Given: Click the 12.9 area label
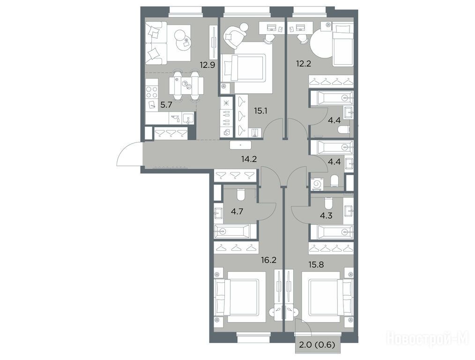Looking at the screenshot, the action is pyautogui.click(x=207, y=65).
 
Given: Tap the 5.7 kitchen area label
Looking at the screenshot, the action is pyautogui.click(x=166, y=105).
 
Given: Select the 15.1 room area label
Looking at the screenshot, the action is pyautogui.click(x=260, y=111).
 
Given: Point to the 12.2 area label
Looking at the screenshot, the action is pyautogui.click(x=304, y=64).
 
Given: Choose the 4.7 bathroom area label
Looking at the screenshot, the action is pyautogui.click(x=237, y=211).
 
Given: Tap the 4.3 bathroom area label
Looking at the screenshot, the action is pyautogui.click(x=326, y=216).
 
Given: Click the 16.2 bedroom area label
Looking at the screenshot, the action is pyautogui.click(x=269, y=260).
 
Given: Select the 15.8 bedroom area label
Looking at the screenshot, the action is pyautogui.click(x=316, y=264).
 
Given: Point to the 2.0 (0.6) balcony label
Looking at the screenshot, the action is pyautogui.click(x=317, y=345).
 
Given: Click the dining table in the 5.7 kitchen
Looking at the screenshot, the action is pyautogui.click(x=186, y=86).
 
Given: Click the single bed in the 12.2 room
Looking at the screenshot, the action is pyautogui.click(x=343, y=45).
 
